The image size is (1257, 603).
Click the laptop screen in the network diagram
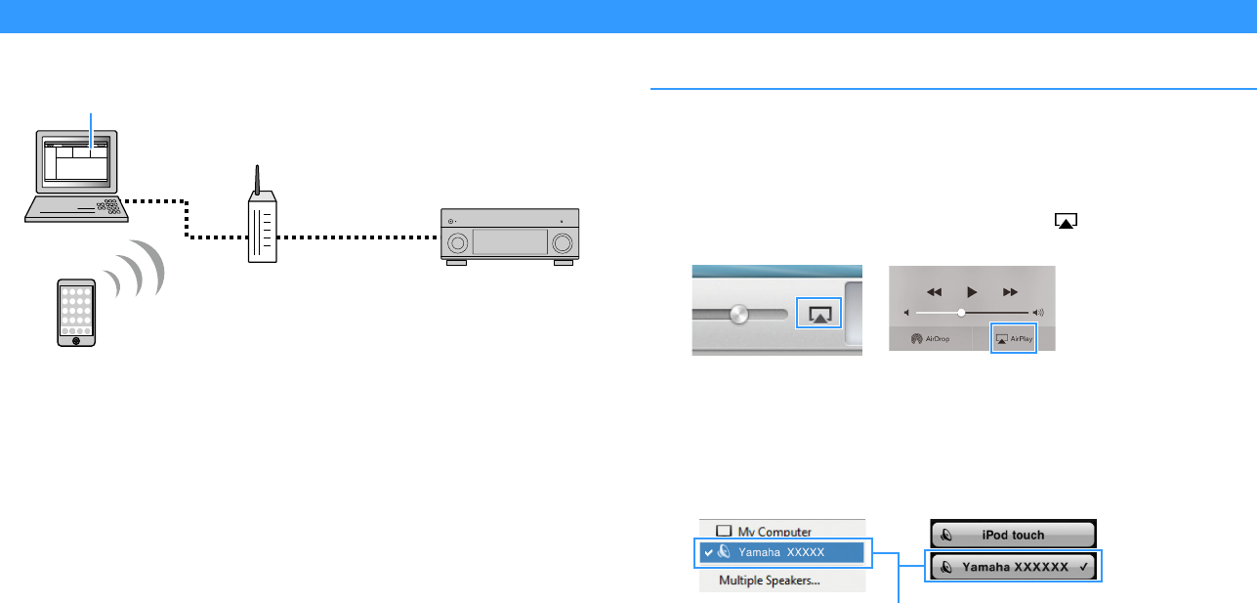point(75,161)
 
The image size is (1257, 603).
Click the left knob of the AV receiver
point(457,242)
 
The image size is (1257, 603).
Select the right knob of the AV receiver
point(563,242)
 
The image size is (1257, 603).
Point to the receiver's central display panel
point(510,242)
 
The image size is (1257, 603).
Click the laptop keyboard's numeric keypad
point(109,206)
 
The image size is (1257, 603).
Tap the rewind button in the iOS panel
point(934,291)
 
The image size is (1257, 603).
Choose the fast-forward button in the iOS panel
point(1010,291)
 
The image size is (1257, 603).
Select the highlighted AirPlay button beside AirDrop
point(1014,339)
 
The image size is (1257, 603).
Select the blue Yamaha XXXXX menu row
point(781,552)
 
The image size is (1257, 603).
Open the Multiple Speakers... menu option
point(770,580)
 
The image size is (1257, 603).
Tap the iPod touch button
point(1013,535)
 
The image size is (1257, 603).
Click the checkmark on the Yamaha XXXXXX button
point(1085,567)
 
